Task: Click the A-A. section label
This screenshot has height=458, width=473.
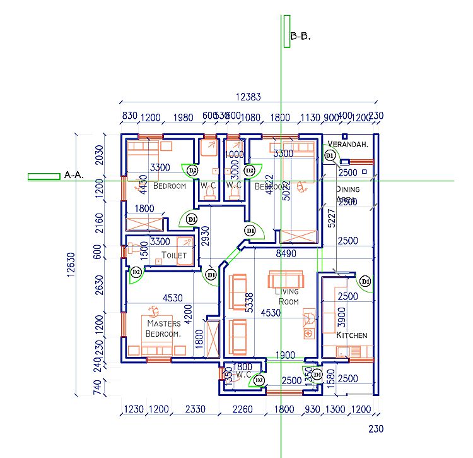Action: click(x=74, y=175)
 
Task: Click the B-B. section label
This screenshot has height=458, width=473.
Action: click(x=300, y=37)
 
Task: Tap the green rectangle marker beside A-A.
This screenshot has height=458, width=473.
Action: click(x=44, y=176)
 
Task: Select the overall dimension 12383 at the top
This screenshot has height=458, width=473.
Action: click(x=248, y=97)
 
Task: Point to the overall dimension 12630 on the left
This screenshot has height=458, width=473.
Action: click(x=69, y=265)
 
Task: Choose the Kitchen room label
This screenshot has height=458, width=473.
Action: click(x=351, y=335)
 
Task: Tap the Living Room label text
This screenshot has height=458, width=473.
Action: click(x=288, y=296)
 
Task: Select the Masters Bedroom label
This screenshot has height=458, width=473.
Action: click(x=163, y=328)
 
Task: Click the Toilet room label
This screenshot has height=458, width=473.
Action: click(x=174, y=255)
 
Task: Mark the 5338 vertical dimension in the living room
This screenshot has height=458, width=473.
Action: click(x=248, y=303)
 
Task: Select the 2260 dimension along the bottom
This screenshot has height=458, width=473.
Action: click(x=242, y=409)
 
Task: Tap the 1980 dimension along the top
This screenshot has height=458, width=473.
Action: click(x=182, y=117)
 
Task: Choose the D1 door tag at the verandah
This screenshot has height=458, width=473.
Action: click(x=329, y=155)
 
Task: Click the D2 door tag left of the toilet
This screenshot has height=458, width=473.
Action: click(x=136, y=272)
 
